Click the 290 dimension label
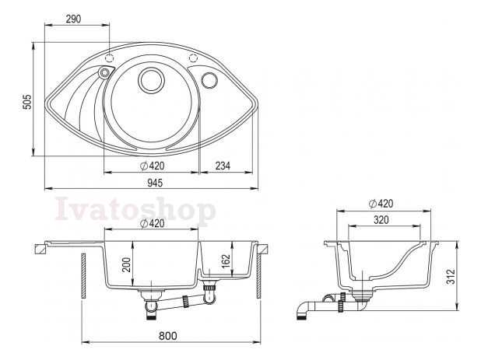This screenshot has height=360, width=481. (x=74, y=19)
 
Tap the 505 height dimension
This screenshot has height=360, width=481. (x=27, y=101)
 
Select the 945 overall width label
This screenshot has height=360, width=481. (x=155, y=183)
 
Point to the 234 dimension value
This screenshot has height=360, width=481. (x=223, y=166)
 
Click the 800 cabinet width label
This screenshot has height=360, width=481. (x=168, y=336)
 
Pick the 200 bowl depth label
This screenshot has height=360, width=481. (x=126, y=264)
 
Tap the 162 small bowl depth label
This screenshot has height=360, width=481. (x=226, y=260)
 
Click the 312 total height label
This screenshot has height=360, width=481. (x=451, y=276)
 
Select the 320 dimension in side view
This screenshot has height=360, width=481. (x=381, y=220)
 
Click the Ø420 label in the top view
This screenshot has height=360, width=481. (x=152, y=166)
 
